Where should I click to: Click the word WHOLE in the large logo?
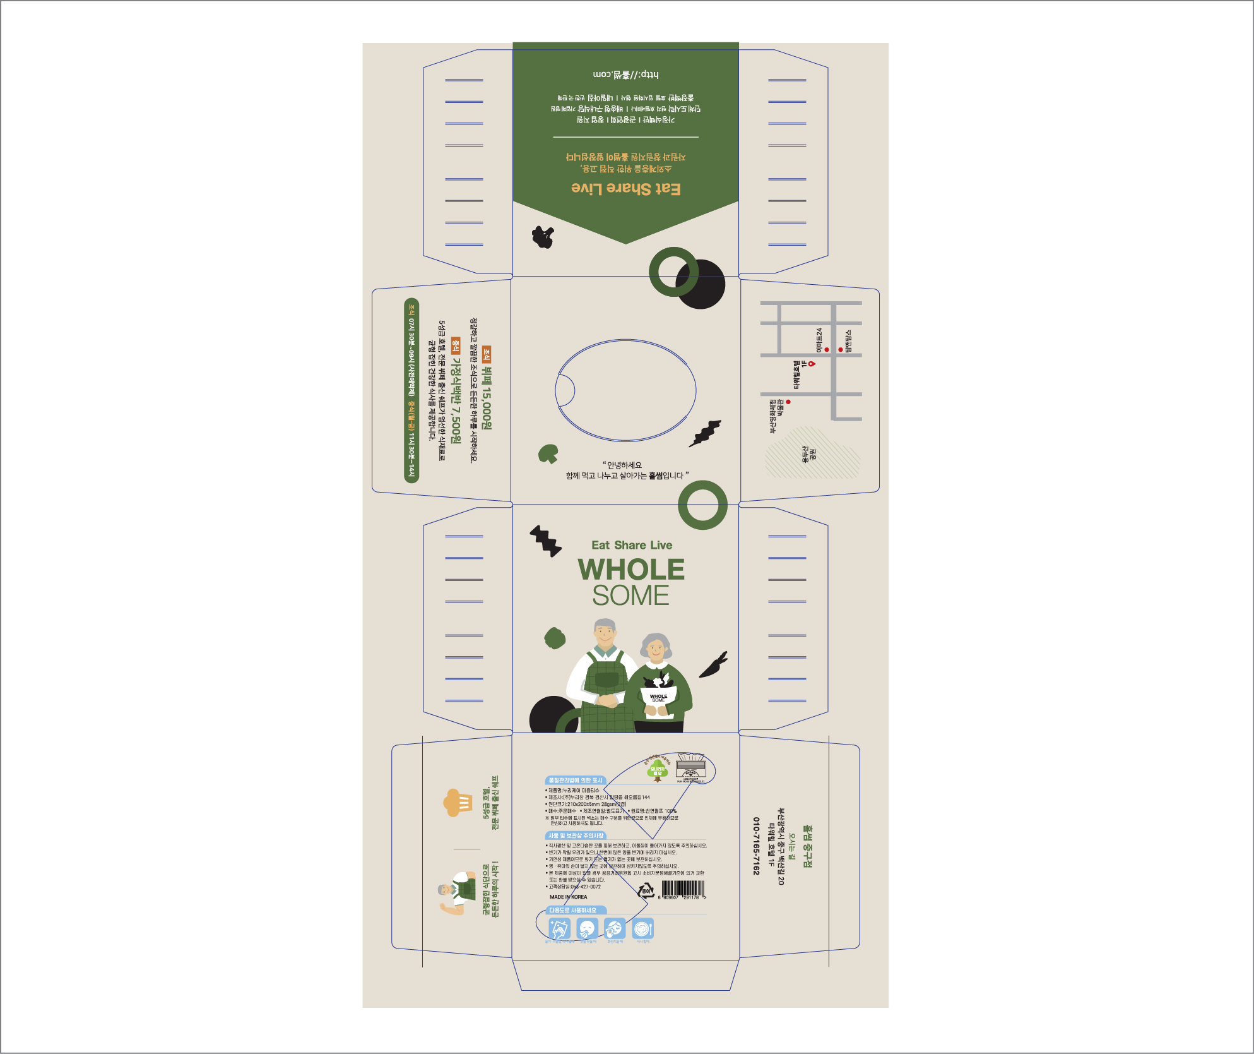pos(631,570)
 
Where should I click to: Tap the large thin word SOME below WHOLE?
pos(630,596)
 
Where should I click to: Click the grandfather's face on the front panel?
pos(605,636)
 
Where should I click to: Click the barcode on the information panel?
pos(682,889)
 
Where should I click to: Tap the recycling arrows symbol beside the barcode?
pos(645,891)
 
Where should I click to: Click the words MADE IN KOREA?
pos(568,897)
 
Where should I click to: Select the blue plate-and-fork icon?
pos(642,929)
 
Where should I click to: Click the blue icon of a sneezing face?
pos(587,929)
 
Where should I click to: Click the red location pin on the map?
pos(812,364)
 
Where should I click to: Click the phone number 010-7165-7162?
pos(756,846)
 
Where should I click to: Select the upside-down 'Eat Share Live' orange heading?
pos(625,188)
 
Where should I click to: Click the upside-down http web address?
pos(625,75)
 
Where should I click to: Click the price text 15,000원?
pos(487,398)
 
